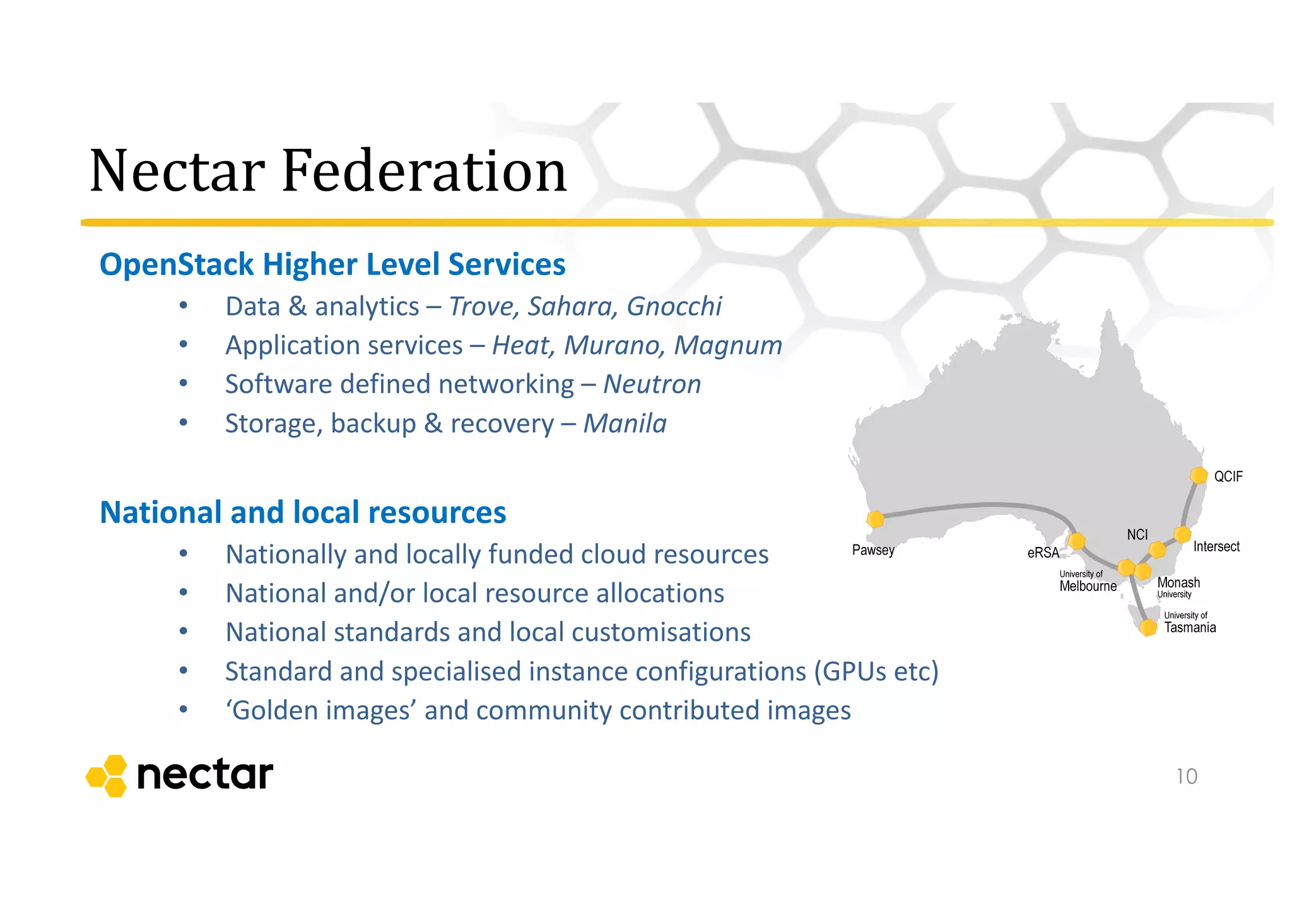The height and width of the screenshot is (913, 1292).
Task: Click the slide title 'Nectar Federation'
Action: pos(328,170)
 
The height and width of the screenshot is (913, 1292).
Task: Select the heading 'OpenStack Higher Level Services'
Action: pos(332,264)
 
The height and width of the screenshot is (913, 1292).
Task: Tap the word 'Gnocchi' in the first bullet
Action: pos(674,307)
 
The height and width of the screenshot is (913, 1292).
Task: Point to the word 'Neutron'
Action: pos(652,384)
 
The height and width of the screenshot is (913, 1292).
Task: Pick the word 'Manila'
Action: pos(625,423)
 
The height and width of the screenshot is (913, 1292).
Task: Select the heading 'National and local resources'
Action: pos(303,512)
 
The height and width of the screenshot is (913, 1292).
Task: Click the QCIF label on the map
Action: pos(1228,476)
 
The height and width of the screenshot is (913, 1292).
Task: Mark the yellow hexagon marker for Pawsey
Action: pos(875,519)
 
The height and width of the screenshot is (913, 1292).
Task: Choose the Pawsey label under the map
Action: pos(873,550)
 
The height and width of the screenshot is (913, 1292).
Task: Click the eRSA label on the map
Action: pos(1043,553)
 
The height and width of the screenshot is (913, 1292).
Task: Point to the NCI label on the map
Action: pos(1137,534)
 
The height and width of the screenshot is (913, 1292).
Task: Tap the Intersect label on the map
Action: pos(1216,546)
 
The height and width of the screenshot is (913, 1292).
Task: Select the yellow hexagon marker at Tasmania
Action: pos(1148,627)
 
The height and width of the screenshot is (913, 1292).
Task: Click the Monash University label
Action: pos(1178,587)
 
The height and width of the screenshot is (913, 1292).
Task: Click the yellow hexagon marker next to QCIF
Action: pos(1198,475)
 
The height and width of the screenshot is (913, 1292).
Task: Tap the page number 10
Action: pos(1187,776)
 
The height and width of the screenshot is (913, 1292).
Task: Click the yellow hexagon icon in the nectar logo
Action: pos(107,775)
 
